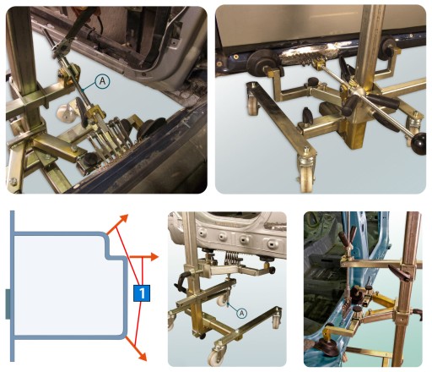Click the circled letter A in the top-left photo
click(x=102, y=81)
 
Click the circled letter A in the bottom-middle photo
click(x=241, y=313)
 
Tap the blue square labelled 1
click(x=142, y=293)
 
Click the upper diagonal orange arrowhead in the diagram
click(x=123, y=219)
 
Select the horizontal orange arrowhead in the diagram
click(x=154, y=257)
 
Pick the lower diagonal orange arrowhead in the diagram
click(x=142, y=356)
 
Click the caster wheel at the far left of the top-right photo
click(x=251, y=105)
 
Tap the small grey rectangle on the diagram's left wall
click(x=8, y=304)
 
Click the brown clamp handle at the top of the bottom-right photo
click(x=348, y=238)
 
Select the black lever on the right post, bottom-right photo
click(x=397, y=272)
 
